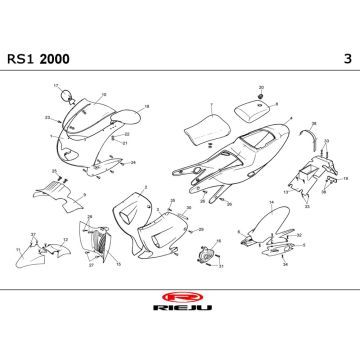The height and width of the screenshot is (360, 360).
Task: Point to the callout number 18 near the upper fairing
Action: pos(147,105)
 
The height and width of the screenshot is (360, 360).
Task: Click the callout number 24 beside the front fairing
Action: pos(134,161)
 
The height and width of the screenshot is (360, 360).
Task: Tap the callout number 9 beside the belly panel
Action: pos(84,194)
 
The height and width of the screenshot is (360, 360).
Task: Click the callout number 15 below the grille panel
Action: pos(118,264)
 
